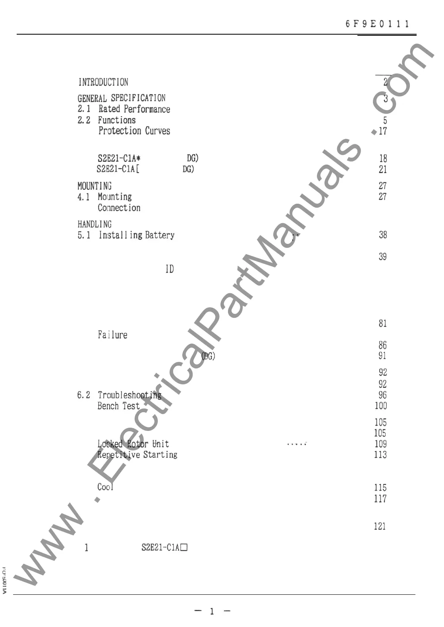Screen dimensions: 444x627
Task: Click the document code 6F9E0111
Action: click(x=377, y=24)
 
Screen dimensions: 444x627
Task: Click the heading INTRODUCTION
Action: click(x=103, y=82)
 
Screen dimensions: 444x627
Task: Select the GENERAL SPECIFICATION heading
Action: click(x=122, y=98)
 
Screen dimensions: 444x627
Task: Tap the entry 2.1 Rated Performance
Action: click(x=124, y=109)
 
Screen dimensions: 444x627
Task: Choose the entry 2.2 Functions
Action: click(x=106, y=120)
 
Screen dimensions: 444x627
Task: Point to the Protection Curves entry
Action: click(x=134, y=131)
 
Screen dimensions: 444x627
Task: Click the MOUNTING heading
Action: click(x=95, y=186)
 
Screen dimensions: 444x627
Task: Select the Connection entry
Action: click(x=119, y=208)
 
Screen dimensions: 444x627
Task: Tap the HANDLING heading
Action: click(x=95, y=224)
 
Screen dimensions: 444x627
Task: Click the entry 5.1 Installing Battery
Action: click(x=126, y=235)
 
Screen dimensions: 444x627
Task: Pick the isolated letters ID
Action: click(x=170, y=269)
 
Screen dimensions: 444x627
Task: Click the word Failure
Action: click(x=113, y=335)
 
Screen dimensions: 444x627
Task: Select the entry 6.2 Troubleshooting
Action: click(x=120, y=395)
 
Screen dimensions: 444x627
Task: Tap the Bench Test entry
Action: click(x=119, y=406)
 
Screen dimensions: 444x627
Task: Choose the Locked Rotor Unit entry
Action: click(x=133, y=444)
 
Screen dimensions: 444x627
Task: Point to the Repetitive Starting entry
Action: click(x=137, y=454)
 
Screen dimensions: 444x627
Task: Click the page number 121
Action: click(x=380, y=526)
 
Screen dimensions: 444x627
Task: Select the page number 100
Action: click(x=380, y=406)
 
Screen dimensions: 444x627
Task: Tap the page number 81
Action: click(x=382, y=323)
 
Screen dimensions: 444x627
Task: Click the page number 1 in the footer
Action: click(x=212, y=611)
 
